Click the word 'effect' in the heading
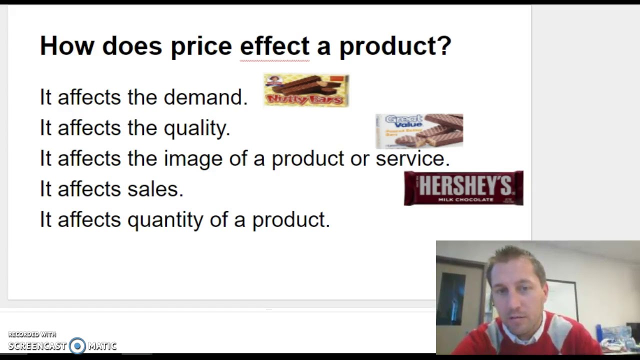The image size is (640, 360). [x=274, y=46]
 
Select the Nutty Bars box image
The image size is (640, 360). [x=306, y=90]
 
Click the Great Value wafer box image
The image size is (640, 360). [x=419, y=131]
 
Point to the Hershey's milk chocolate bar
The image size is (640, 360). [x=463, y=188]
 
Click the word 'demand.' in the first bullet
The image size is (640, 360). [x=205, y=97]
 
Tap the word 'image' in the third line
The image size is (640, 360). [x=193, y=159]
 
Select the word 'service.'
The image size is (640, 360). [x=412, y=158]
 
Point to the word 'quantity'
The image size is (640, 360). [x=165, y=220]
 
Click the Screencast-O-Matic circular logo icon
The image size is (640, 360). [x=77, y=345]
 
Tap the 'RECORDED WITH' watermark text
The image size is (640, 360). [x=32, y=334]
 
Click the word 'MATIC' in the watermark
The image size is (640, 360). [x=102, y=345]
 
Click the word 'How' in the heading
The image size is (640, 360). [x=66, y=46]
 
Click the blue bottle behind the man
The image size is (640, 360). [x=598, y=332]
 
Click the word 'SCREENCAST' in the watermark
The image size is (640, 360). [x=37, y=345]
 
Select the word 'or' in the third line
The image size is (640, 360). [x=359, y=159]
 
